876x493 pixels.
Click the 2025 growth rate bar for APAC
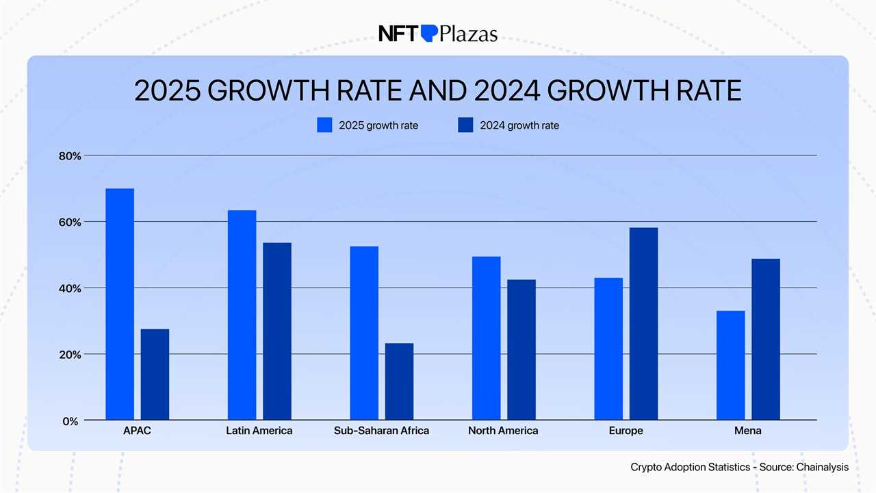(120, 304)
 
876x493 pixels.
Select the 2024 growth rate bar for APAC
(155, 375)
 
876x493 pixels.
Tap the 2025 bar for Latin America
(242, 315)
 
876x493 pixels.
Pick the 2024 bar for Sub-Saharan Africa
(399, 381)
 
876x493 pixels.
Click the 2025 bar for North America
(486, 338)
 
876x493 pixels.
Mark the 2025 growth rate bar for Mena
(730, 366)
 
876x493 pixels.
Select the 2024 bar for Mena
(766, 340)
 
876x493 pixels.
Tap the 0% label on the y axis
(70, 422)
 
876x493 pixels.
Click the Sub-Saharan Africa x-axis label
(381, 431)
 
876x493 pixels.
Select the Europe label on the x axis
(626, 431)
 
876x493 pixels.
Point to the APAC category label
(138, 431)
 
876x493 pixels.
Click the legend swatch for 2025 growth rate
(324, 125)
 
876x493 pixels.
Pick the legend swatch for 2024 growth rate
(465, 125)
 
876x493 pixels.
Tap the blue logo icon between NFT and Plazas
(428, 33)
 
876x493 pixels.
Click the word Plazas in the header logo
(469, 34)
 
